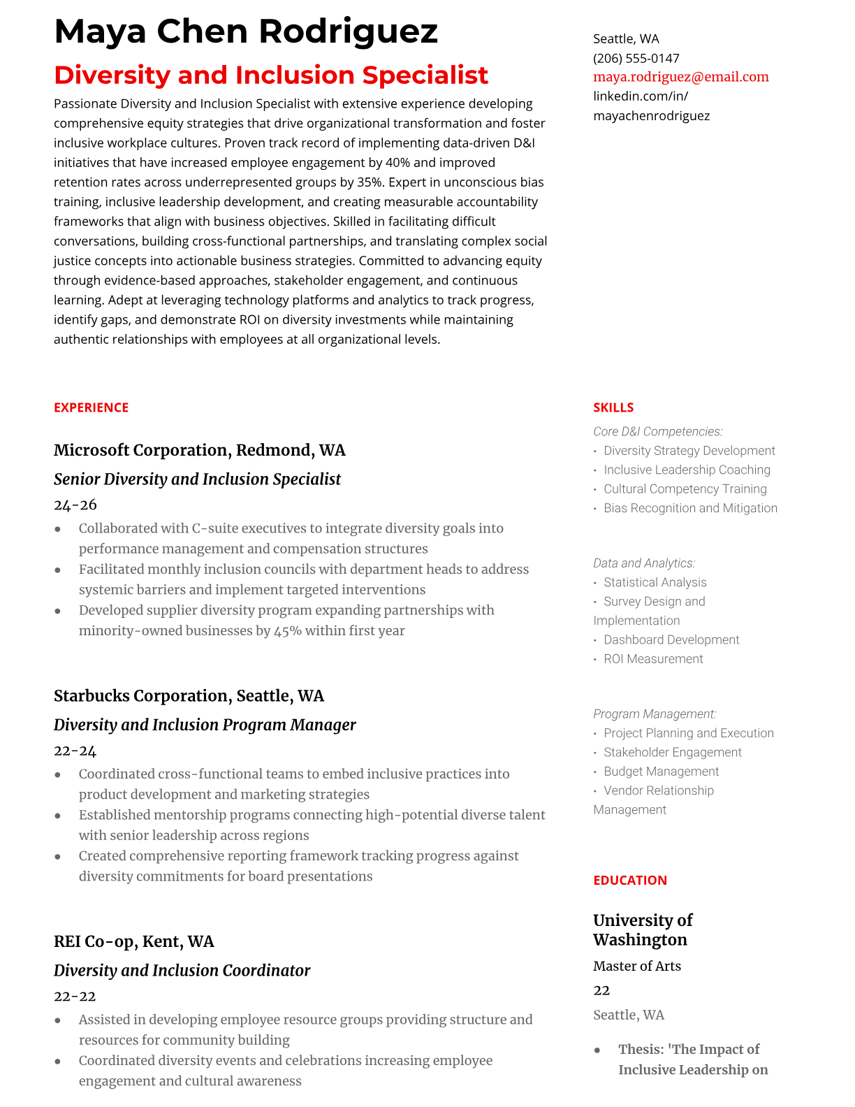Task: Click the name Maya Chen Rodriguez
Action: [x=246, y=31]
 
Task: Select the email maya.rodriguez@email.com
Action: [x=680, y=77]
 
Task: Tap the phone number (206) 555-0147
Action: [x=636, y=58]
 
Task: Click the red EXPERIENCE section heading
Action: [x=91, y=407]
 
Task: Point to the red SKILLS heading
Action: [x=613, y=407]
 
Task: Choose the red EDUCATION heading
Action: [x=629, y=881]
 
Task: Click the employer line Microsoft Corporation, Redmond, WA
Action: [x=199, y=450]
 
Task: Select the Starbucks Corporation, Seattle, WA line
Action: [x=189, y=696]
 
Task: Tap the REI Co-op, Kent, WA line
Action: [x=133, y=941]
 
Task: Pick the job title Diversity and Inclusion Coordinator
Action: [x=182, y=971]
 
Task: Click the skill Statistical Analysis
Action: [x=655, y=582]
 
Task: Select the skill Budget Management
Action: [x=661, y=772]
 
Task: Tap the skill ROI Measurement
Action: [x=653, y=659]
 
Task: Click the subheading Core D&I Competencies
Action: [x=657, y=432]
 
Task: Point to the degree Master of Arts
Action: [x=636, y=966]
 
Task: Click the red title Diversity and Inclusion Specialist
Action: [x=271, y=75]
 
